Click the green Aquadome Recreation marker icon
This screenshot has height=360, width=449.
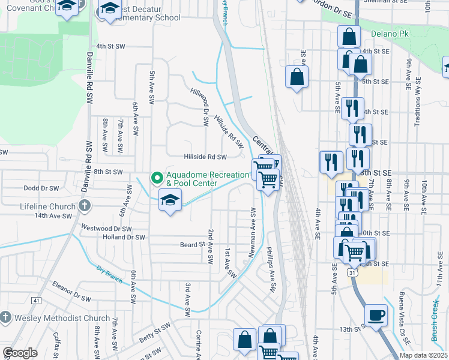click(157, 178)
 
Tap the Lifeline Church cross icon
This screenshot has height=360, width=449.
click(85, 206)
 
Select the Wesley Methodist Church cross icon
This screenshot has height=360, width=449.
click(5, 317)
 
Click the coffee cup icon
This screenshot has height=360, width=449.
click(376, 315)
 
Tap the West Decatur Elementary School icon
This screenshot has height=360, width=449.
click(109, 8)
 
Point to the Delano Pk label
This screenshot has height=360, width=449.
click(389, 34)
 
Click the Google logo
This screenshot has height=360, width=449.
click(20, 353)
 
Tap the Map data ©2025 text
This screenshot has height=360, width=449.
click(423, 355)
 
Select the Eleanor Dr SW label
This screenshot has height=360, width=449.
click(71, 290)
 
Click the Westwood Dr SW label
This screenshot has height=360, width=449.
click(106, 229)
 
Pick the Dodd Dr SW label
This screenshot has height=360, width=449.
click(41, 188)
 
